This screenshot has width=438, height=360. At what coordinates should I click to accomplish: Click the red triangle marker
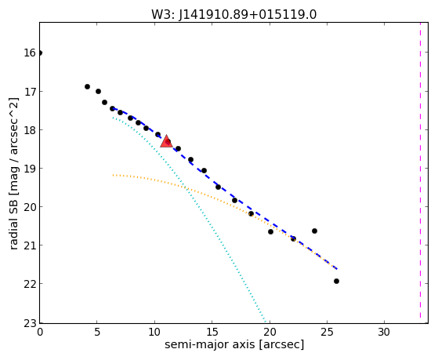point(166,141)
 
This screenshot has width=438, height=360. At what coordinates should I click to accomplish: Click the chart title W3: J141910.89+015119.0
point(233,14)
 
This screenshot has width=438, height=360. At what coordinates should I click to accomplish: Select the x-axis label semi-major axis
point(209,344)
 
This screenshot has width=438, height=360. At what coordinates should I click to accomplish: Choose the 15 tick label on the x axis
point(212,332)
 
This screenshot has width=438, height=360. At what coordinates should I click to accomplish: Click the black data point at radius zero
point(40,53)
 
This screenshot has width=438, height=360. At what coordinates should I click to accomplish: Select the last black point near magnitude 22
point(336,281)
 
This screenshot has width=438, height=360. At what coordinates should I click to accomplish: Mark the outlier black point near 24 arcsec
point(314,231)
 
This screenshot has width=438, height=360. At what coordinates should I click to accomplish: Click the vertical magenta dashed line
point(420,170)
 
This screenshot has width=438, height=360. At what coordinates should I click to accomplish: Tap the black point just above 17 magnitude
point(87,87)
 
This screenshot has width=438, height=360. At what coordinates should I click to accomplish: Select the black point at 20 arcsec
point(270,231)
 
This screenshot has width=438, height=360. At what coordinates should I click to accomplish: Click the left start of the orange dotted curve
point(113,175)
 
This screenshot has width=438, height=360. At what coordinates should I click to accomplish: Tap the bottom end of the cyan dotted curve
point(265,321)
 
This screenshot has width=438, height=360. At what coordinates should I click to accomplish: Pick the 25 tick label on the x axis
point(327,332)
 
